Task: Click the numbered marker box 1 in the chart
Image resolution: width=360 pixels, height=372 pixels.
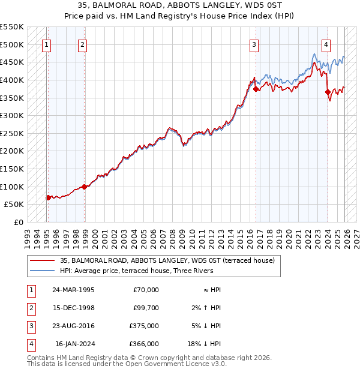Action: pos(46,44)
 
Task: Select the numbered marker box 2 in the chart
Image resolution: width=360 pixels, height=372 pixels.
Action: pos(82,44)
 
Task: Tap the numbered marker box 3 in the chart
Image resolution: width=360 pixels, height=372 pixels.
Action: pos(254,44)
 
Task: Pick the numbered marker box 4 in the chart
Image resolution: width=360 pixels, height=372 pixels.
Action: pos(326,44)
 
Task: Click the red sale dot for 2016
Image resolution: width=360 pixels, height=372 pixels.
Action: pos(256,89)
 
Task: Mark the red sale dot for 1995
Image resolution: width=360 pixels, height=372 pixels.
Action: pos(48,197)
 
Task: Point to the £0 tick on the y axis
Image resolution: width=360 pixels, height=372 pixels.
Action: pos(19,222)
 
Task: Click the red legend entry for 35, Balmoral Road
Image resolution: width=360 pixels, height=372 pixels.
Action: pos(167,260)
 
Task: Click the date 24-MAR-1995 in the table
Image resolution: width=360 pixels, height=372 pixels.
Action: pos(73,290)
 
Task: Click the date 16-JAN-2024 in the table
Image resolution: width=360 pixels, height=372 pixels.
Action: pos(74,344)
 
